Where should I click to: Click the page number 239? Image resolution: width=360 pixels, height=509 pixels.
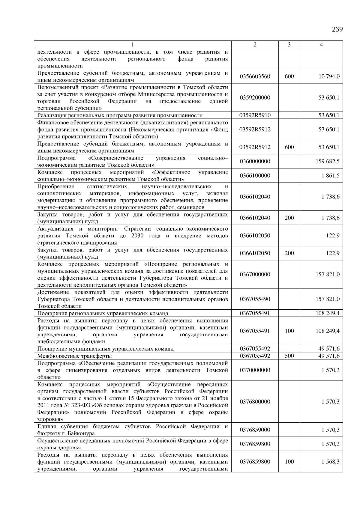pos(337,29)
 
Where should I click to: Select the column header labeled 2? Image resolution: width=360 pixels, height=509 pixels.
pos(255,45)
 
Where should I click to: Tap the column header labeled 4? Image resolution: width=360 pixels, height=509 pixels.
pos(321,45)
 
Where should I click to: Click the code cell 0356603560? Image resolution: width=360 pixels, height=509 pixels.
pos(255,76)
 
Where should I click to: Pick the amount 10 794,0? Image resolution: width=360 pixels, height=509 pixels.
pos(329,76)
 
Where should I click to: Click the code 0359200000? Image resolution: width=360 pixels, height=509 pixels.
pos(255,98)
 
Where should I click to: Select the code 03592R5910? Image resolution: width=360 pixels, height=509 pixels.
pos(255,115)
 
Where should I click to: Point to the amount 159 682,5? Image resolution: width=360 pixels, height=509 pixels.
pos(328,161)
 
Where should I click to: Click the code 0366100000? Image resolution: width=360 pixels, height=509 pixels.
pos(255,176)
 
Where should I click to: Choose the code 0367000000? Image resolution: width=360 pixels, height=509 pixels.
pos(255,274)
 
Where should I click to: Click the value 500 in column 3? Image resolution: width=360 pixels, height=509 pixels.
pos(289,356)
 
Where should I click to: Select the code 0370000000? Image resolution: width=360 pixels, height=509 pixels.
pos(255,370)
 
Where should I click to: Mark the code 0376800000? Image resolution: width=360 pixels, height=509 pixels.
pos(255,402)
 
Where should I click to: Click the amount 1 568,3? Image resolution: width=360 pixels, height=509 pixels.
pos(331,462)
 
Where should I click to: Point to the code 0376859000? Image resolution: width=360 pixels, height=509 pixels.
pos(255,430)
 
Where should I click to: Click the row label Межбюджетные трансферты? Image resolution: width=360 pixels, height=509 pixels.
pos(74,356)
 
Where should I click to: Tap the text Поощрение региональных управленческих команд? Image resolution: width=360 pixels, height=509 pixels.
pos(103,314)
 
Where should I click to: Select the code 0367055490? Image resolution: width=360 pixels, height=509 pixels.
pos(255,299)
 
